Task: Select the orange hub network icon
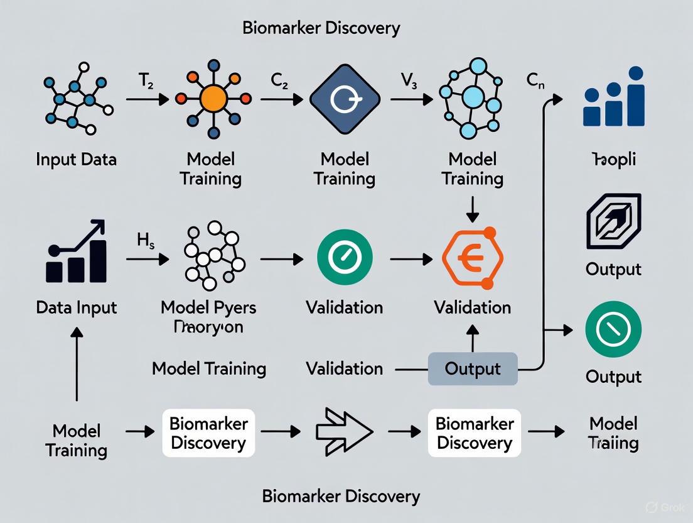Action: point(213,99)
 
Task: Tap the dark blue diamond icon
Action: point(345,99)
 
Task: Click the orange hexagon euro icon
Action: point(473,258)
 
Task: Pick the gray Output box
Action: point(473,369)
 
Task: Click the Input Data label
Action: point(76,159)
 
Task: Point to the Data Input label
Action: point(76,307)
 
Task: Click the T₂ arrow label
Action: point(146,81)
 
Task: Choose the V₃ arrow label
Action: point(409,81)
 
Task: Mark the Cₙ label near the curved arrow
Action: point(535,81)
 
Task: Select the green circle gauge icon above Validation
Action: point(345,258)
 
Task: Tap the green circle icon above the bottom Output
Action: point(613,330)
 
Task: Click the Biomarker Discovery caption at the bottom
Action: point(341,496)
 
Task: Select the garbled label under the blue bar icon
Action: point(613,159)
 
